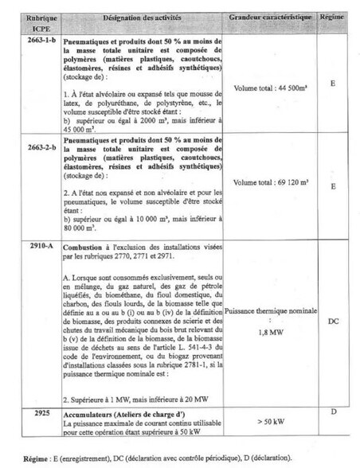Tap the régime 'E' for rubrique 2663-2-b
[x=333, y=187]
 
